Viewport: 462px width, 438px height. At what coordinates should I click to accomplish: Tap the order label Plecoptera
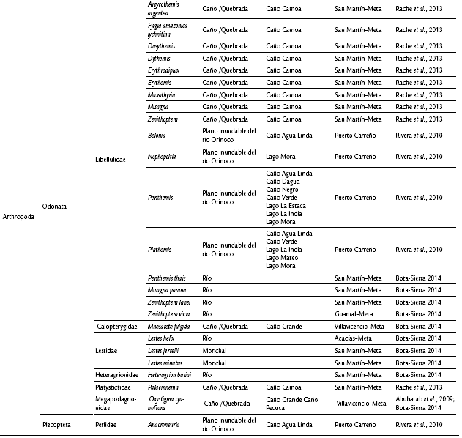coord(59,423)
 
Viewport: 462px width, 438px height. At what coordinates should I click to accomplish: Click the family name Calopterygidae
coord(119,327)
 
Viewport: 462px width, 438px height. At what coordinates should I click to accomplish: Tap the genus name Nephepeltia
coord(166,157)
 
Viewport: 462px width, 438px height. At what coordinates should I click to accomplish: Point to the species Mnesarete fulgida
coord(172,327)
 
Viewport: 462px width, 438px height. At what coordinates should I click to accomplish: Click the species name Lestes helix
coord(163,338)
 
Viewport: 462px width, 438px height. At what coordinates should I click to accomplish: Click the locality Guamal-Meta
coord(356,313)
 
